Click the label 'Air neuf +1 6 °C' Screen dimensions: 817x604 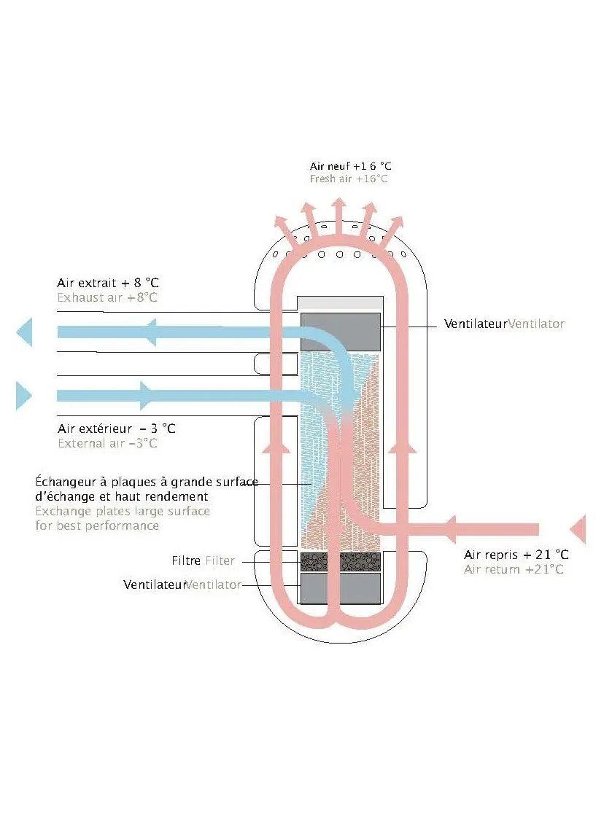point(350,167)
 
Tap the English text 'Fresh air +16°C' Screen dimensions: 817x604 point(349,179)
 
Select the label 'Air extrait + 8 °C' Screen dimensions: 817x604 point(107,283)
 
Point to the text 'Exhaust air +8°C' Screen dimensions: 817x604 point(107,297)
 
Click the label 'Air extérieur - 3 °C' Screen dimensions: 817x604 point(116,429)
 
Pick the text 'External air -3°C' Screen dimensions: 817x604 point(107,443)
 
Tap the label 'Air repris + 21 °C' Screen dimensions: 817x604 point(516,555)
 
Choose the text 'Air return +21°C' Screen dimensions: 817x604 point(514,569)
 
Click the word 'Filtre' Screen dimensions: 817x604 point(186,561)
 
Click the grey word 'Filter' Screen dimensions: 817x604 point(220,561)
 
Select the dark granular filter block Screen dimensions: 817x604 point(341,561)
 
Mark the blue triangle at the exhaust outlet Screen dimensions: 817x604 point(25,332)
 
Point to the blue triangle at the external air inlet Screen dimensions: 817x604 point(23,396)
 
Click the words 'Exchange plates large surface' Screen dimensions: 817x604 point(123,511)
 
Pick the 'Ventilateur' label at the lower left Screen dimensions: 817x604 point(155,585)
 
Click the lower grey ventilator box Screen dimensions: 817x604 point(341,587)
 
